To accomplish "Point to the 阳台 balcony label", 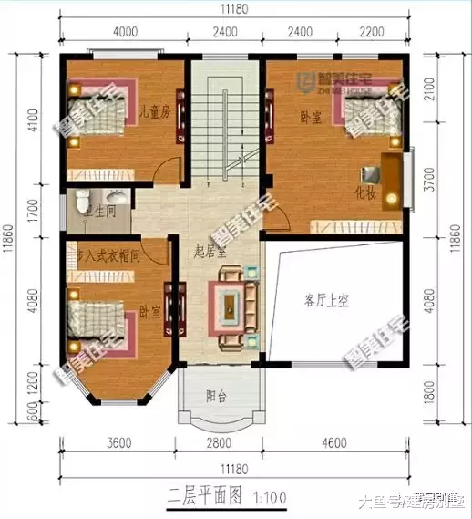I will [x=216, y=396].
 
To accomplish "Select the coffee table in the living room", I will [x=230, y=306].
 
